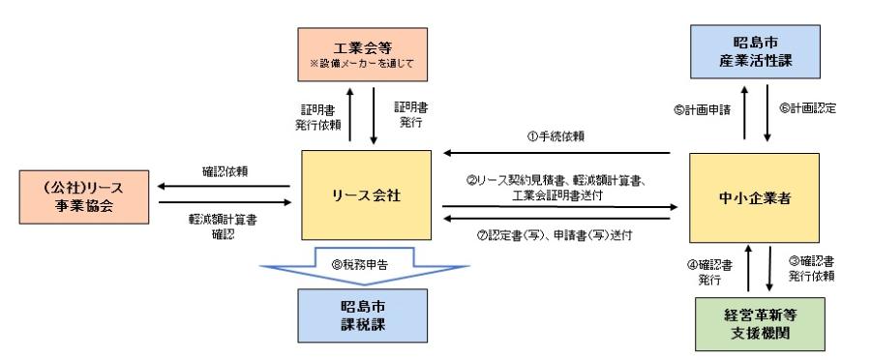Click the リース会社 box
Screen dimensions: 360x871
pos(365,196)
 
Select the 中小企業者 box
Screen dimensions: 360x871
pos(766,196)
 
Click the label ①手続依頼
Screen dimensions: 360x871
pos(558,136)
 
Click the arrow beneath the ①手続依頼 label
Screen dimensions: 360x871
pos(556,153)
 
